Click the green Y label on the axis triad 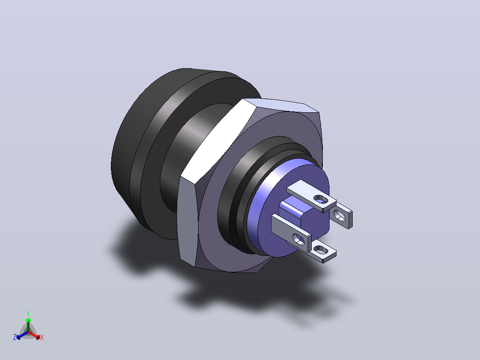(x=28, y=313)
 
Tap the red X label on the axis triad (x=42, y=337)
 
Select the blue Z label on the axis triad (x=15, y=337)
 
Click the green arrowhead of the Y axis (x=28, y=320)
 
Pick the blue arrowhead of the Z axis (x=18, y=337)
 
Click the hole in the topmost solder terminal (x=321, y=200)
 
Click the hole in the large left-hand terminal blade (x=298, y=239)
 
